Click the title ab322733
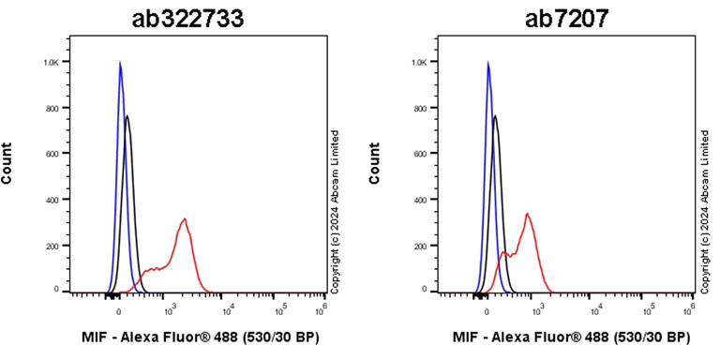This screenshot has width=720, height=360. pos(187,18)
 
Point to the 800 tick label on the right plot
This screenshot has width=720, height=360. pos(420,108)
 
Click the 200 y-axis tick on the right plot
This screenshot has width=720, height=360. pos(420,246)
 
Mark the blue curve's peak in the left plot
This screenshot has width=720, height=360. pos(120,63)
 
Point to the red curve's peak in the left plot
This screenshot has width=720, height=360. pos(185,219)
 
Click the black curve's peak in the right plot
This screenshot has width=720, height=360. pos(495,116)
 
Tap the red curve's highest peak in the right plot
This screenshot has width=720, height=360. pos(528,214)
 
